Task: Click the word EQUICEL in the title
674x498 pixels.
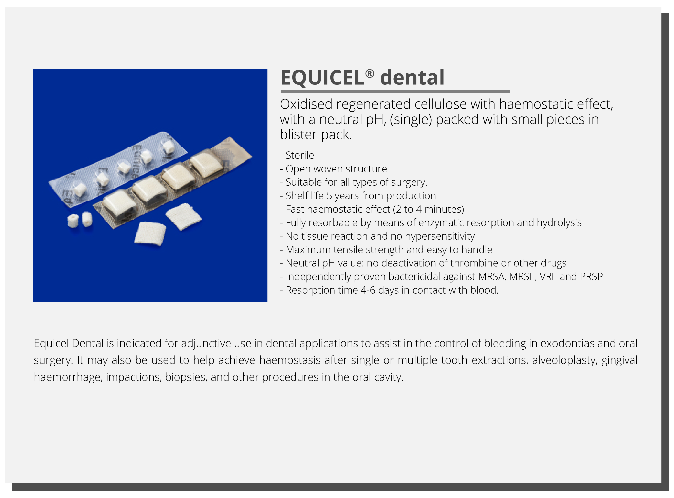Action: click(322, 78)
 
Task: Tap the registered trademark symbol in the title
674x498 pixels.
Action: click(370, 73)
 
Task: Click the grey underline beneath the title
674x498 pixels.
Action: click(395, 91)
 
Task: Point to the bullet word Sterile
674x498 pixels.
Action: click(300, 155)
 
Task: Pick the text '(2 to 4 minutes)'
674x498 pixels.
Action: click(428, 209)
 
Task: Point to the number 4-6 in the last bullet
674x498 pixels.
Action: click(368, 290)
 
